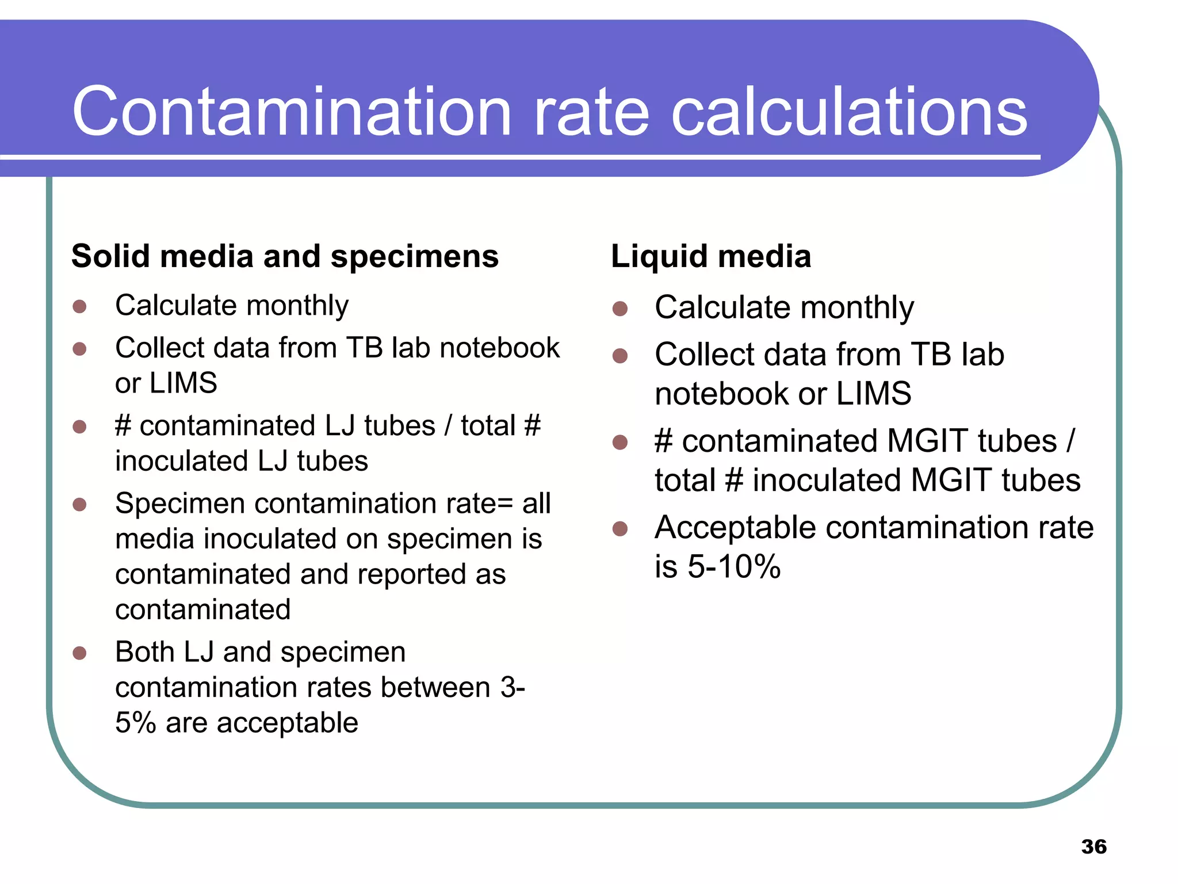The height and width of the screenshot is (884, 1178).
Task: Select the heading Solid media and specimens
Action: [x=285, y=256]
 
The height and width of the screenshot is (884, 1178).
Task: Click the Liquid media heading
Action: [x=711, y=256]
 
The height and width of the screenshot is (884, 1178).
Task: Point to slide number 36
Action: [x=1093, y=847]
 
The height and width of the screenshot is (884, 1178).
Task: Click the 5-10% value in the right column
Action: [x=734, y=566]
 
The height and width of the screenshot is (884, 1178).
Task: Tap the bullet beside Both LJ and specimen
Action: [x=79, y=653]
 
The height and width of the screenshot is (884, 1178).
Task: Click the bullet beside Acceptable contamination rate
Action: [x=619, y=528]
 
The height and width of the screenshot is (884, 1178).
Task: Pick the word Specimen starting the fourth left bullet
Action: [x=180, y=504]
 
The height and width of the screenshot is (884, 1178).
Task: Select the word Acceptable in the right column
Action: [x=735, y=527]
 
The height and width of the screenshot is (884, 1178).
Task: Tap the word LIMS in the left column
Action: [x=183, y=383]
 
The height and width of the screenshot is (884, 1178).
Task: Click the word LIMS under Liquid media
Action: [x=873, y=394]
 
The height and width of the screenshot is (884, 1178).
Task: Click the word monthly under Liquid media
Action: [x=856, y=307]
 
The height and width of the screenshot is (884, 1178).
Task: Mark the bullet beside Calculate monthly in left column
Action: [x=79, y=306]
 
